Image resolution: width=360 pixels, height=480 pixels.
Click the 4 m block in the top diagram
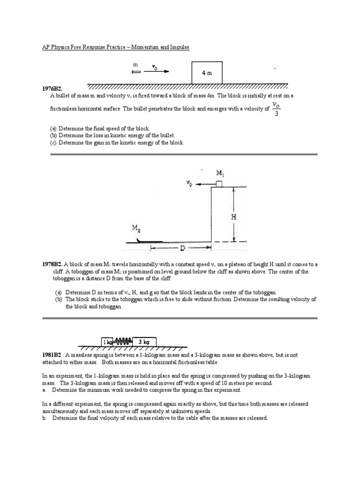pyautogui.click(x=207, y=73)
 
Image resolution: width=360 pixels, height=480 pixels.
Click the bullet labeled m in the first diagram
pyautogui.click(x=136, y=71)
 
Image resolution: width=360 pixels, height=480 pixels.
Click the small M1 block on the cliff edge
pyautogui.click(x=219, y=184)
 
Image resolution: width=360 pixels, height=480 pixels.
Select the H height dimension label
pyautogui.click(x=233, y=217)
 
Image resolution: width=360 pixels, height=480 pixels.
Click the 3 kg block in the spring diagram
pyautogui.click(x=145, y=342)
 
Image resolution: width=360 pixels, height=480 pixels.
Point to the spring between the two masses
pyautogui.click(x=124, y=342)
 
